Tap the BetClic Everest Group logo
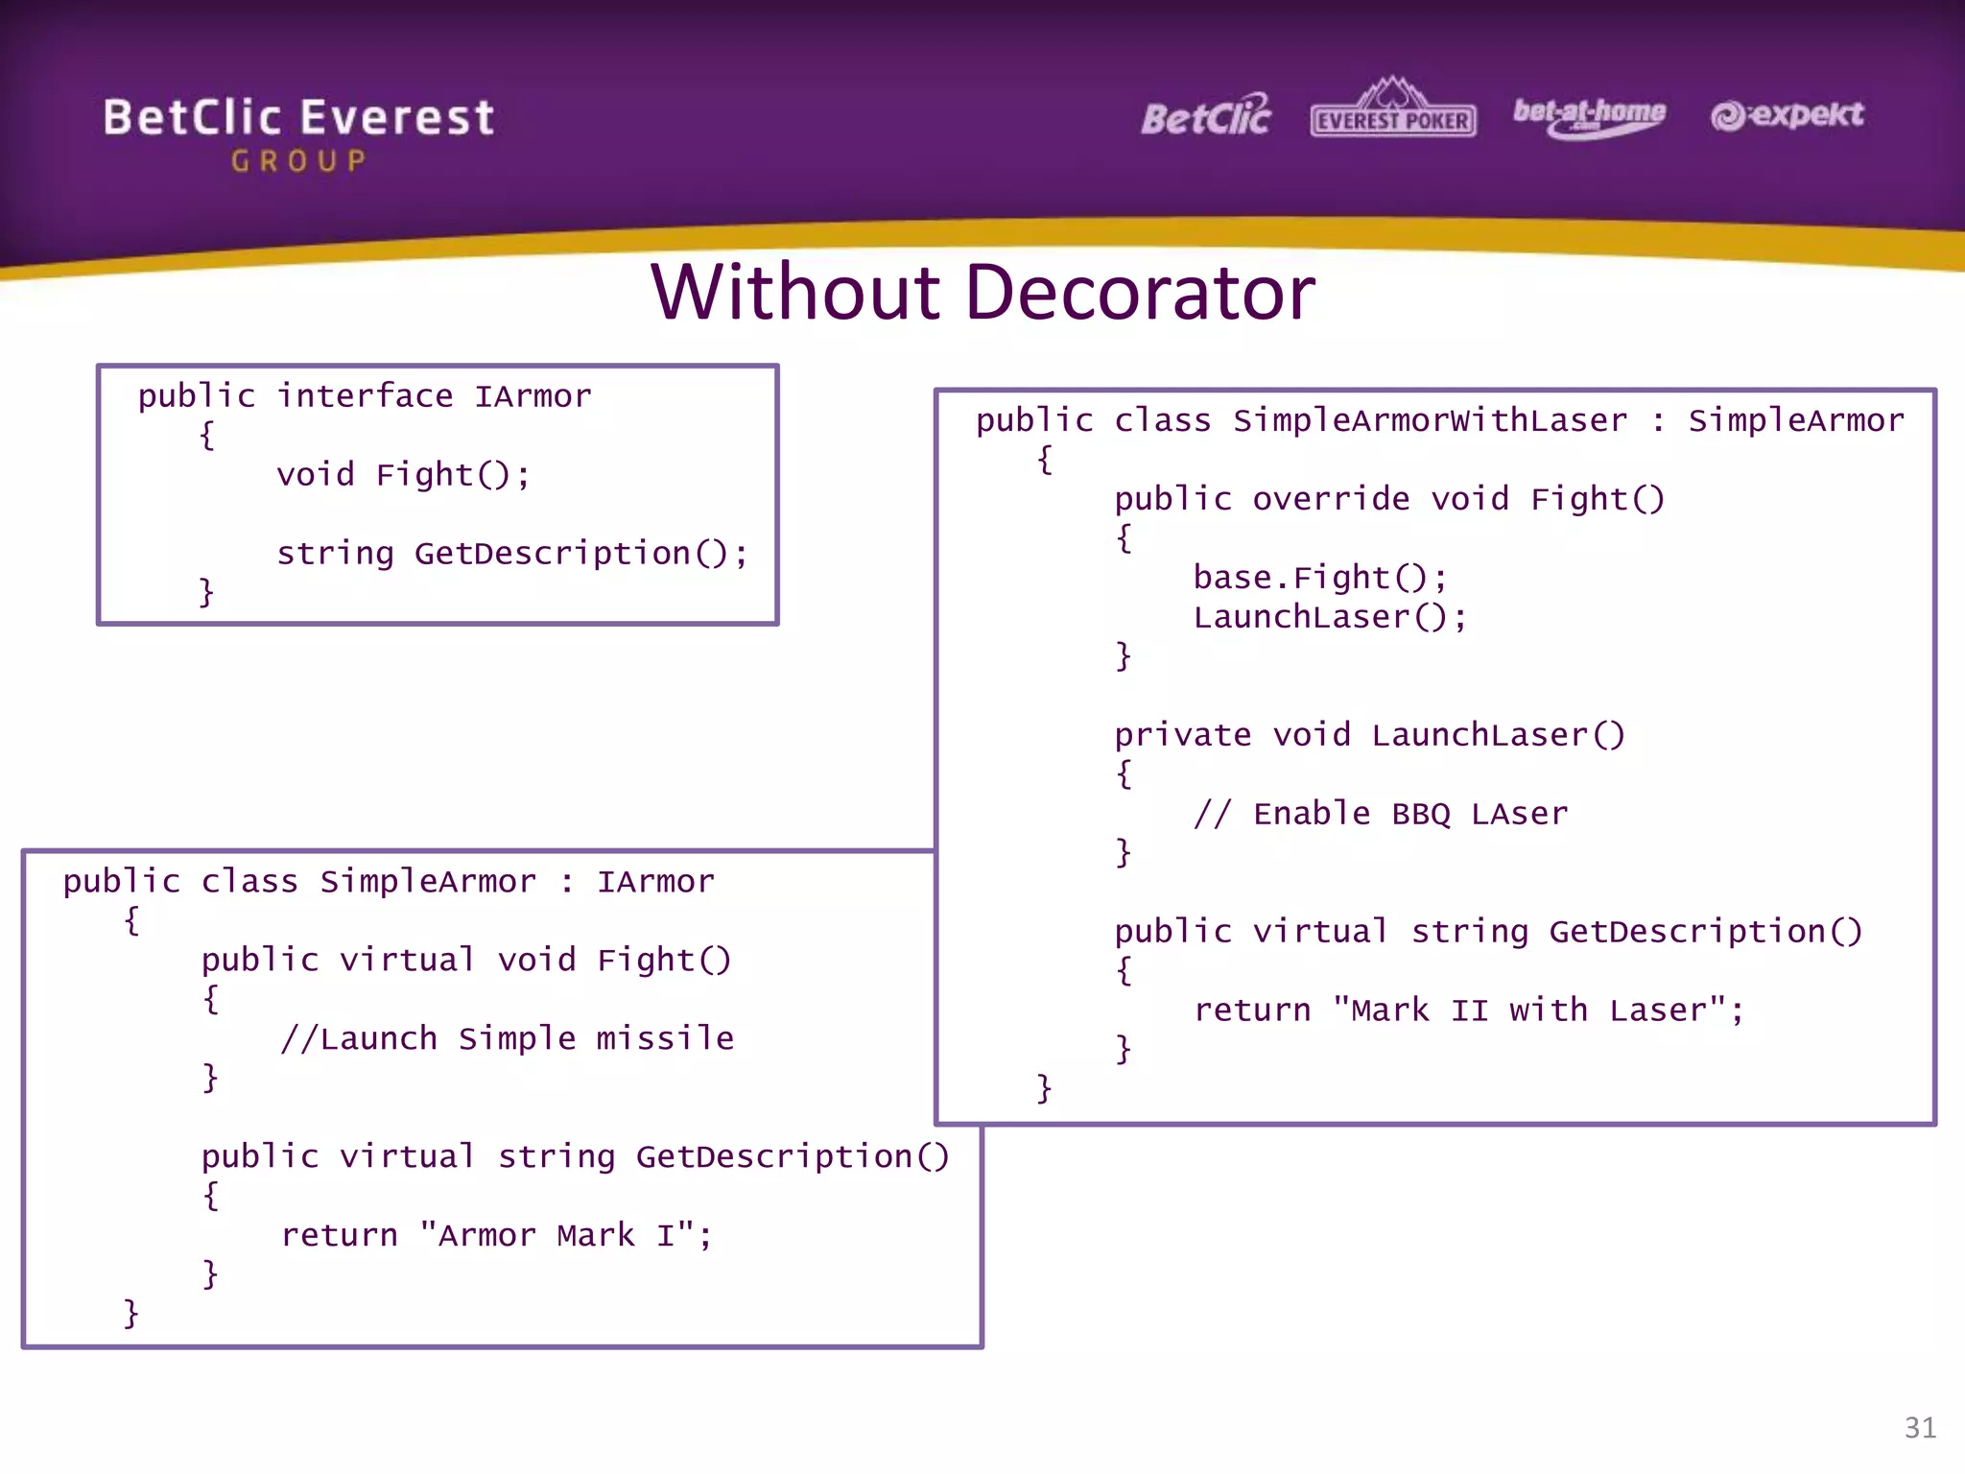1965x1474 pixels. [x=298, y=132]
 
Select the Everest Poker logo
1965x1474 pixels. [x=1392, y=110]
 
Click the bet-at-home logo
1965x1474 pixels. [x=1589, y=116]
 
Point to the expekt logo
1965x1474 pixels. [x=1787, y=115]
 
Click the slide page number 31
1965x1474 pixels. [x=1919, y=1427]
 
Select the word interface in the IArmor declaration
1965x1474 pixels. [x=365, y=396]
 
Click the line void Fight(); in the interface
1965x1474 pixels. [x=403, y=475]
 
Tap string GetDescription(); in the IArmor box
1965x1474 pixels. [x=511, y=554]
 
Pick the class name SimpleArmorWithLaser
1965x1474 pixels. [x=1430, y=420]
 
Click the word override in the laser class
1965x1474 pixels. [x=1331, y=499]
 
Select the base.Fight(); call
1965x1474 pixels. [x=1320, y=578]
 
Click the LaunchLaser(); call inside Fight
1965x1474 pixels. [x=1330, y=617]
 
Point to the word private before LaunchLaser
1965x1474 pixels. [x=1182, y=735]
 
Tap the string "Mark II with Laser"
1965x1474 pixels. [x=1529, y=1010]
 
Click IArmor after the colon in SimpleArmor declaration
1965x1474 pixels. [x=655, y=881]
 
